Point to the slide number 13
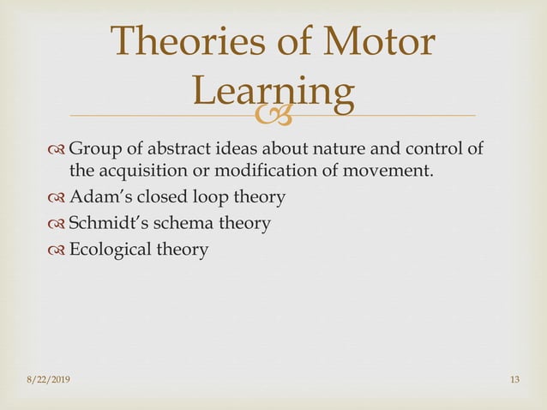[515, 380]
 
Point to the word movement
[388, 170]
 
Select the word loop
[201, 197]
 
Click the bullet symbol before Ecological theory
[57, 250]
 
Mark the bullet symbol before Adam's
[57, 197]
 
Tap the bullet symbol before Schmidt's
[57, 224]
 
